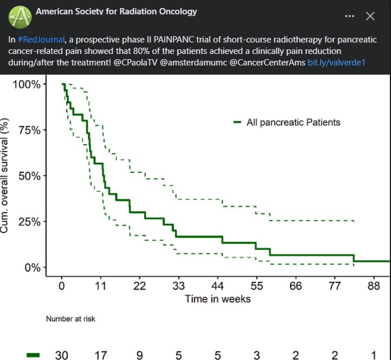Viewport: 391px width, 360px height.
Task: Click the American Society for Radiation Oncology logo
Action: click(x=20, y=17)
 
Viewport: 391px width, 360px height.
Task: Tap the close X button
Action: click(x=370, y=16)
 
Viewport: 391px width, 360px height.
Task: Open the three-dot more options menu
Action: click(x=350, y=16)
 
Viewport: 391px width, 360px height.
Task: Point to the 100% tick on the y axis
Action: click(x=27, y=84)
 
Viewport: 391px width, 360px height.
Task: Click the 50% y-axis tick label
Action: click(x=29, y=176)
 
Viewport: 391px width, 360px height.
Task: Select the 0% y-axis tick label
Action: click(x=32, y=268)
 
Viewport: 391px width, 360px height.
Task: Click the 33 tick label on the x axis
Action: click(x=179, y=286)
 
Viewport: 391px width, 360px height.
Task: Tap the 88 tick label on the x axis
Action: click(x=374, y=286)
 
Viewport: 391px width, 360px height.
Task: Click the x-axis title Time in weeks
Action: click(x=218, y=299)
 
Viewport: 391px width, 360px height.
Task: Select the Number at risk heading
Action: click(x=71, y=319)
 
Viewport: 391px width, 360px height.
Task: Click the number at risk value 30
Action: click(x=61, y=355)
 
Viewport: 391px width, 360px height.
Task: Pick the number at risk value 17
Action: click(x=100, y=355)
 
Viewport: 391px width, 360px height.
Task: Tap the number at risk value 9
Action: click(x=140, y=355)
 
